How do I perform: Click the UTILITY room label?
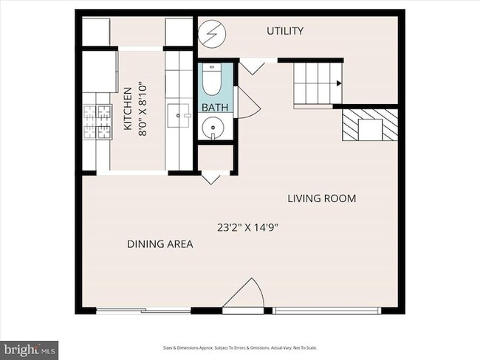[x=285, y=31]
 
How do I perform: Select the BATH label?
[x=215, y=108]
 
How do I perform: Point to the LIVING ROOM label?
[x=321, y=198]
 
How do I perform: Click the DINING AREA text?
[x=160, y=244]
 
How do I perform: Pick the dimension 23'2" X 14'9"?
[x=247, y=226]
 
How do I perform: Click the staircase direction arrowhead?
[x=338, y=84]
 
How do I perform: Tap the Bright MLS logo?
[x=29, y=348]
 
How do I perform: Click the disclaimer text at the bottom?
[x=240, y=348]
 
